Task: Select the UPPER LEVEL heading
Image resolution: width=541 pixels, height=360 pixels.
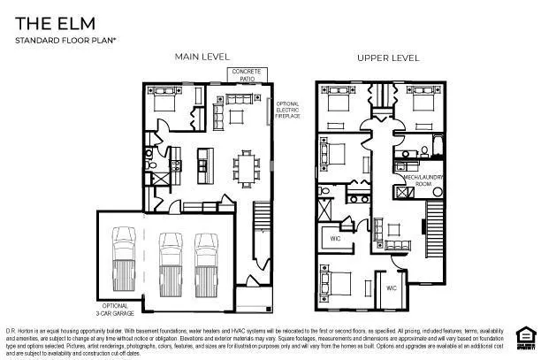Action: coord(387,58)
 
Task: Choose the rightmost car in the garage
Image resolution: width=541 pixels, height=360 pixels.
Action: coord(206,254)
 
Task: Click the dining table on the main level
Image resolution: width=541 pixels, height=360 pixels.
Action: coord(243,165)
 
